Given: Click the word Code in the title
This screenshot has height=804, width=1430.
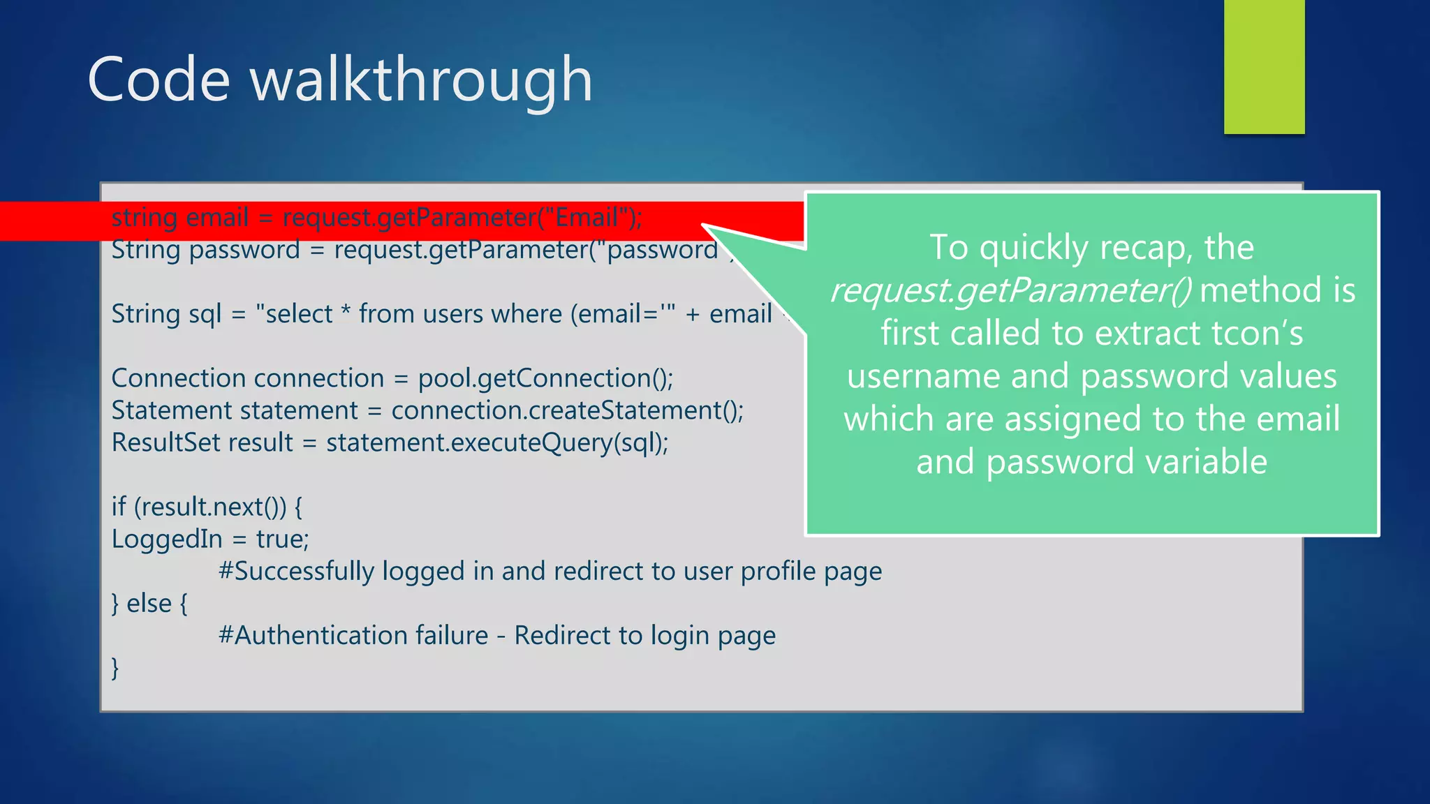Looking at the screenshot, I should (x=159, y=80).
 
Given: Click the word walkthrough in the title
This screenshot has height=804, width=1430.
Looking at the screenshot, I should (x=421, y=80).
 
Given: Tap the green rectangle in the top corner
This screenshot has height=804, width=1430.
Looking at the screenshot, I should (x=1264, y=66).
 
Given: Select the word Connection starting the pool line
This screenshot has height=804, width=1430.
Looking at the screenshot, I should (x=177, y=378).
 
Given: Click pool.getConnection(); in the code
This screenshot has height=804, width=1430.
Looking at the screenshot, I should (x=545, y=378).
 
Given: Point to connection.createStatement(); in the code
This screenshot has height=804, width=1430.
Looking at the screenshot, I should (x=567, y=410).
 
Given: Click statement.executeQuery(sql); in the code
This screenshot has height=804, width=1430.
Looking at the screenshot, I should (x=497, y=442).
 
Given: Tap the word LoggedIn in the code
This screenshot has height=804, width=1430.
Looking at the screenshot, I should (x=167, y=539).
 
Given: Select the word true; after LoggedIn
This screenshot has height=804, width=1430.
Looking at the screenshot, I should (x=282, y=539).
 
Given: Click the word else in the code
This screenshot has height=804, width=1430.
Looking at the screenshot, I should (x=149, y=604).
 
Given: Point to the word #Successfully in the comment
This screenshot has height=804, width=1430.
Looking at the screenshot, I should (x=296, y=572).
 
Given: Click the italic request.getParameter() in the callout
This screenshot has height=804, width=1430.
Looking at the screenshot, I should (x=1011, y=290).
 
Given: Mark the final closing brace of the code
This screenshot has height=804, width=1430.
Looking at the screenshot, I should (x=115, y=668).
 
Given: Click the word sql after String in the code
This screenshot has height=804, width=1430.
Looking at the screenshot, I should (x=205, y=314).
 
